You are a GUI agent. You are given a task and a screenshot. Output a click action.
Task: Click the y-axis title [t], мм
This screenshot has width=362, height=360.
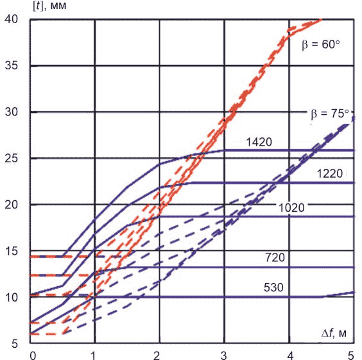pos(50,6)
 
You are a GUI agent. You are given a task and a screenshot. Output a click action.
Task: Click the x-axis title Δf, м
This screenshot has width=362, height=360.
pos(334,333)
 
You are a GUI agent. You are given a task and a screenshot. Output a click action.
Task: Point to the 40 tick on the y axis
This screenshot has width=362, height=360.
pos(11,19)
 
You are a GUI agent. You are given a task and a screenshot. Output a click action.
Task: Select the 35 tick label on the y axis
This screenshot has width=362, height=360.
pos(11,65)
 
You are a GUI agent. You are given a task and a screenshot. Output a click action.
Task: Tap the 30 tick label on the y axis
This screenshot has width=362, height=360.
pos(11,112)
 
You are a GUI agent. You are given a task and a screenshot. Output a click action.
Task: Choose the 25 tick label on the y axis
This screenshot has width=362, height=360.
pos(11,159)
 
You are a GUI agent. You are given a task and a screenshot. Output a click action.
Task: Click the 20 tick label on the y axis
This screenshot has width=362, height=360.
pos(11,205)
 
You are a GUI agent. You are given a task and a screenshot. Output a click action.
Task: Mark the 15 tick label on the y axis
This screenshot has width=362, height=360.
pos(11,251)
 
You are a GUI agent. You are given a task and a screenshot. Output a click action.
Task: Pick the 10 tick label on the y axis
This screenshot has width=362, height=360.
pos(11,298)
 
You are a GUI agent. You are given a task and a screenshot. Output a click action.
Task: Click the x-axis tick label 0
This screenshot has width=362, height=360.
pos(33,356)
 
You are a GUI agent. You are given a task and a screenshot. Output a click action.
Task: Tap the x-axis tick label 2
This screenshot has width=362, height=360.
pos(157,356)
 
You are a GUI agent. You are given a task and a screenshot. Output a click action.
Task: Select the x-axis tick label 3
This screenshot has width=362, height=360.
pos(223,356)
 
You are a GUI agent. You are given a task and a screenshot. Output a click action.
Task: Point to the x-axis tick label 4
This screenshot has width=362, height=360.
pos(290,356)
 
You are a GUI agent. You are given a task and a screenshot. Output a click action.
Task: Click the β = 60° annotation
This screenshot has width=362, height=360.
pos(321,44)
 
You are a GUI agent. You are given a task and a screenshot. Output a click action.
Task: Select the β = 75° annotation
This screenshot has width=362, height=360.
pos(330,114)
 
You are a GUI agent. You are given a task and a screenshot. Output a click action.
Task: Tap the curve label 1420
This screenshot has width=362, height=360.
pos(259,142)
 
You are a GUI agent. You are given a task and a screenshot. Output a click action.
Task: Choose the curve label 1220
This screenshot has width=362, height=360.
pos(330,173)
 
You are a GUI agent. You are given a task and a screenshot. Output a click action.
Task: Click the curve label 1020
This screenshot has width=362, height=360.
pos(291,208)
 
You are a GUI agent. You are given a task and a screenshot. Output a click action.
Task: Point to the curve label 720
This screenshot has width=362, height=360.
pos(275,257)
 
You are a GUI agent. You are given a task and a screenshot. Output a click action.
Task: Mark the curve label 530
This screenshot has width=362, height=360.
pos(273,287)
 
